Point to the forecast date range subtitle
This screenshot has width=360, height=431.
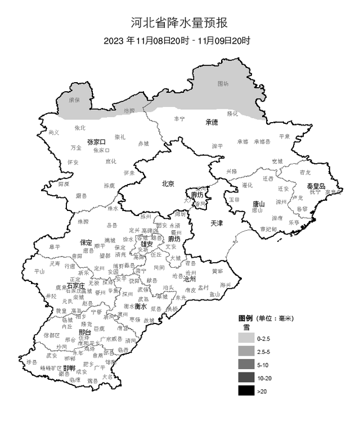coord(177,41)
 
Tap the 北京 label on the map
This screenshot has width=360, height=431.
coord(168,183)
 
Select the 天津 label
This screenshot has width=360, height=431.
coord(217,223)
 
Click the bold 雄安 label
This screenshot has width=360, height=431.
coord(147,244)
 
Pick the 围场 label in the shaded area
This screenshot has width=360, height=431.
coord(223,84)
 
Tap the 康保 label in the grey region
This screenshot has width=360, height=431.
coord(74,100)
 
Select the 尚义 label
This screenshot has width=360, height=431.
coord(54,132)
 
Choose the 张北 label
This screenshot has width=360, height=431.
coord(80,128)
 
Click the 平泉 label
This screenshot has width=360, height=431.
coord(285,136)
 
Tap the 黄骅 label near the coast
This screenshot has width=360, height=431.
coord(217,271)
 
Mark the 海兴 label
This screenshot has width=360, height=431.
coord(226,285)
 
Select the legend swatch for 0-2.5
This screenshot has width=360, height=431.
coord(246,339)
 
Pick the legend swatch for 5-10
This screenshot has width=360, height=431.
coord(246,365)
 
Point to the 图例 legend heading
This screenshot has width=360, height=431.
coord(247,318)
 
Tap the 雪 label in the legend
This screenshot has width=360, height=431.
coord(246,327)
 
